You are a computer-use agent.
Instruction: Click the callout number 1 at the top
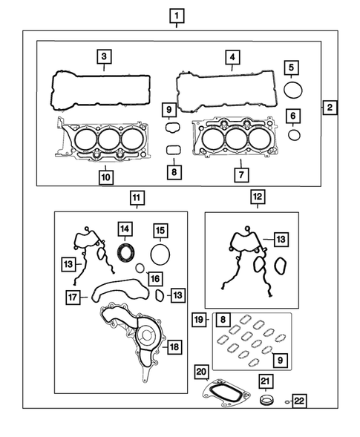click(176, 14)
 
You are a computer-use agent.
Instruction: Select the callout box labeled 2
click(329, 108)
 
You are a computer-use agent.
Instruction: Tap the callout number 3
click(105, 56)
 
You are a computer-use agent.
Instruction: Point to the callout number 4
click(232, 56)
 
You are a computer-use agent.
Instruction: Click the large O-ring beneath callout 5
click(294, 91)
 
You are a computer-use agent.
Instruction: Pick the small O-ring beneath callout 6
click(294, 134)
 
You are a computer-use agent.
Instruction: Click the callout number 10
click(105, 177)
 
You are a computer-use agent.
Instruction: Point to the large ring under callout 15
click(160, 254)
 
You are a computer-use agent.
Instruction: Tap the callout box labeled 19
click(199, 320)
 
